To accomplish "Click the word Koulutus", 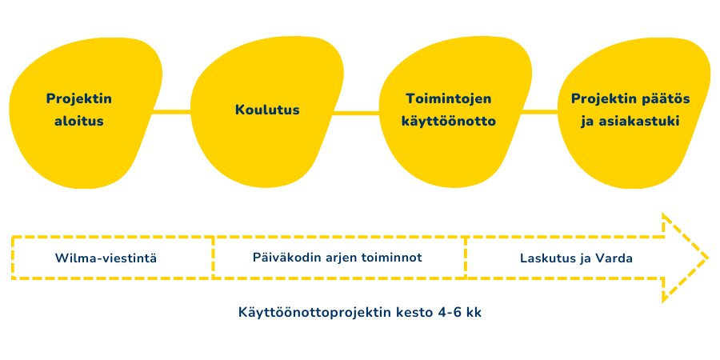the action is pyautogui.click(x=267, y=110).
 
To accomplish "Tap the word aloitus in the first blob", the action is pyautogui.click(x=79, y=122).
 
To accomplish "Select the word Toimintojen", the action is pyautogui.click(x=449, y=99).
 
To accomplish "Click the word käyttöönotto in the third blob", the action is pyautogui.click(x=449, y=122).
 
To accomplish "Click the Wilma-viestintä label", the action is pyautogui.click(x=106, y=258).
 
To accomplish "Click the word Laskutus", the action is pyautogui.click(x=542, y=258).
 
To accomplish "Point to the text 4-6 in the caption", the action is pyautogui.click(x=447, y=313).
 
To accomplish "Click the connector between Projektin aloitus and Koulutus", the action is pyautogui.click(x=171, y=111).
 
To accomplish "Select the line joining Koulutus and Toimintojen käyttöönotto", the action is pyautogui.click(x=356, y=113).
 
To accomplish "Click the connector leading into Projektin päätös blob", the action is pyautogui.click(x=539, y=111).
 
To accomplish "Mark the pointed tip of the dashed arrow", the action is pyautogui.click(x=707, y=258).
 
